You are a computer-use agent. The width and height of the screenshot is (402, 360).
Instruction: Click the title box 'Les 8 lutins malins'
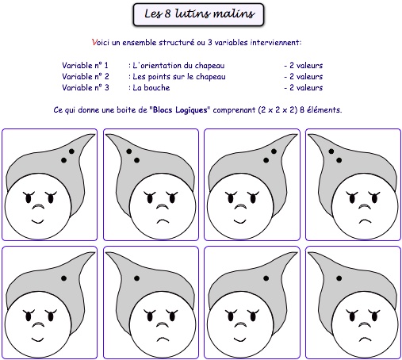point(198,14)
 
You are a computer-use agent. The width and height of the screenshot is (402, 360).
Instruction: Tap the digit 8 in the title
point(167,13)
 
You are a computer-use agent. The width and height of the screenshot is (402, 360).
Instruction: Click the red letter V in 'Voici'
point(94,42)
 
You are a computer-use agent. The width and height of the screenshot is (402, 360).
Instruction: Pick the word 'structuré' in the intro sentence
point(177,42)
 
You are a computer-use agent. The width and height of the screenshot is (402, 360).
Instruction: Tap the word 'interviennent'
point(275,42)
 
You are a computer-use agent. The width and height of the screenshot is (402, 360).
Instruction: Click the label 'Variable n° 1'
point(85,65)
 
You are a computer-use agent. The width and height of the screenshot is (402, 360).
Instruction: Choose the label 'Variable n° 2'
point(86,76)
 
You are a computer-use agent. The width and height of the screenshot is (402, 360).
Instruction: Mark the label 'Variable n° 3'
point(86,87)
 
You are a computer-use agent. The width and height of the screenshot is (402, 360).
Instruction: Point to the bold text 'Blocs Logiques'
point(180,109)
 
